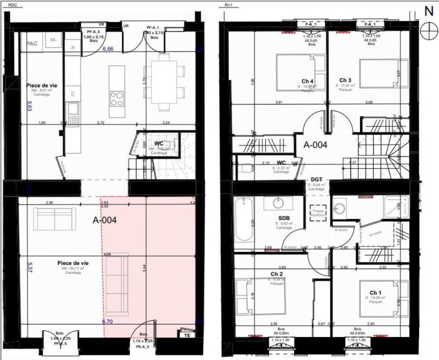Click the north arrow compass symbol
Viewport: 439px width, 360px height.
point(427,30)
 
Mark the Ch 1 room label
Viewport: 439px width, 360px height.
point(375,292)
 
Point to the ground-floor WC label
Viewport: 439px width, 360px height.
point(159,144)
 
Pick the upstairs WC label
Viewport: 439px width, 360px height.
point(280,163)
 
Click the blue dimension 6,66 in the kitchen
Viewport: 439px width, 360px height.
point(108,49)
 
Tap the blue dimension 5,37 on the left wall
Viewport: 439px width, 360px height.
point(30,267)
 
